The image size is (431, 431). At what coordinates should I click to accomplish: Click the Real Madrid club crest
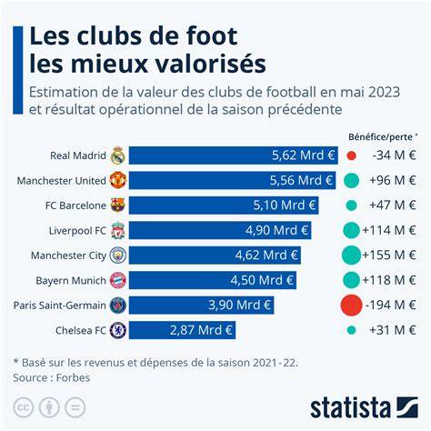(x=118, y=155)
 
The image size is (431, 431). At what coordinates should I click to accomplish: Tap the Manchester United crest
(x=118, y=180)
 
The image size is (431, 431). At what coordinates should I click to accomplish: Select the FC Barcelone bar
(x=224, y=205)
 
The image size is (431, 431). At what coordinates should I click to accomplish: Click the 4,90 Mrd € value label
(x=276, y=230)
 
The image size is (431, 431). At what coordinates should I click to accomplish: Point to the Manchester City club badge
(x=118, y=256)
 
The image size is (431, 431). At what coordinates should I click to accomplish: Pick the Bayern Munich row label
(x=71, y=281)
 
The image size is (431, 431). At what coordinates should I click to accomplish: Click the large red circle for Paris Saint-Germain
(x=351, y=305)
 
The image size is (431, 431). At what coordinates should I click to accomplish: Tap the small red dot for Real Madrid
(x=351, y=155)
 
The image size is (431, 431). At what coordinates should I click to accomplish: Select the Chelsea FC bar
(x=182, y=330)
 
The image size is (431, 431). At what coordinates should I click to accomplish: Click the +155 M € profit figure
(x=389, y=256)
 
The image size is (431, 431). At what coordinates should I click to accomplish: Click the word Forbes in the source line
(x=73, y=378)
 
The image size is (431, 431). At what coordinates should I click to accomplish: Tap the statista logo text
(x=350, y=407)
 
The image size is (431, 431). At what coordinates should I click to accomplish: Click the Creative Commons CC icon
(x=23, y=407)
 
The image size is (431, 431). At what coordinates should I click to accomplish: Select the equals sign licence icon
(x=75, y=407)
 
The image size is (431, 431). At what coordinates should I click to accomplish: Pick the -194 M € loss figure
(x=390, y=305)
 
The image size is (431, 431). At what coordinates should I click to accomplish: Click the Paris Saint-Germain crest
(x=118, y=306)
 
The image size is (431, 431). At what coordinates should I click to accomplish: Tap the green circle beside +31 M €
(x=351, y=330)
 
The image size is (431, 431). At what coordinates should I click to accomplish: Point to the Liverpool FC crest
(x=118, y=230)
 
